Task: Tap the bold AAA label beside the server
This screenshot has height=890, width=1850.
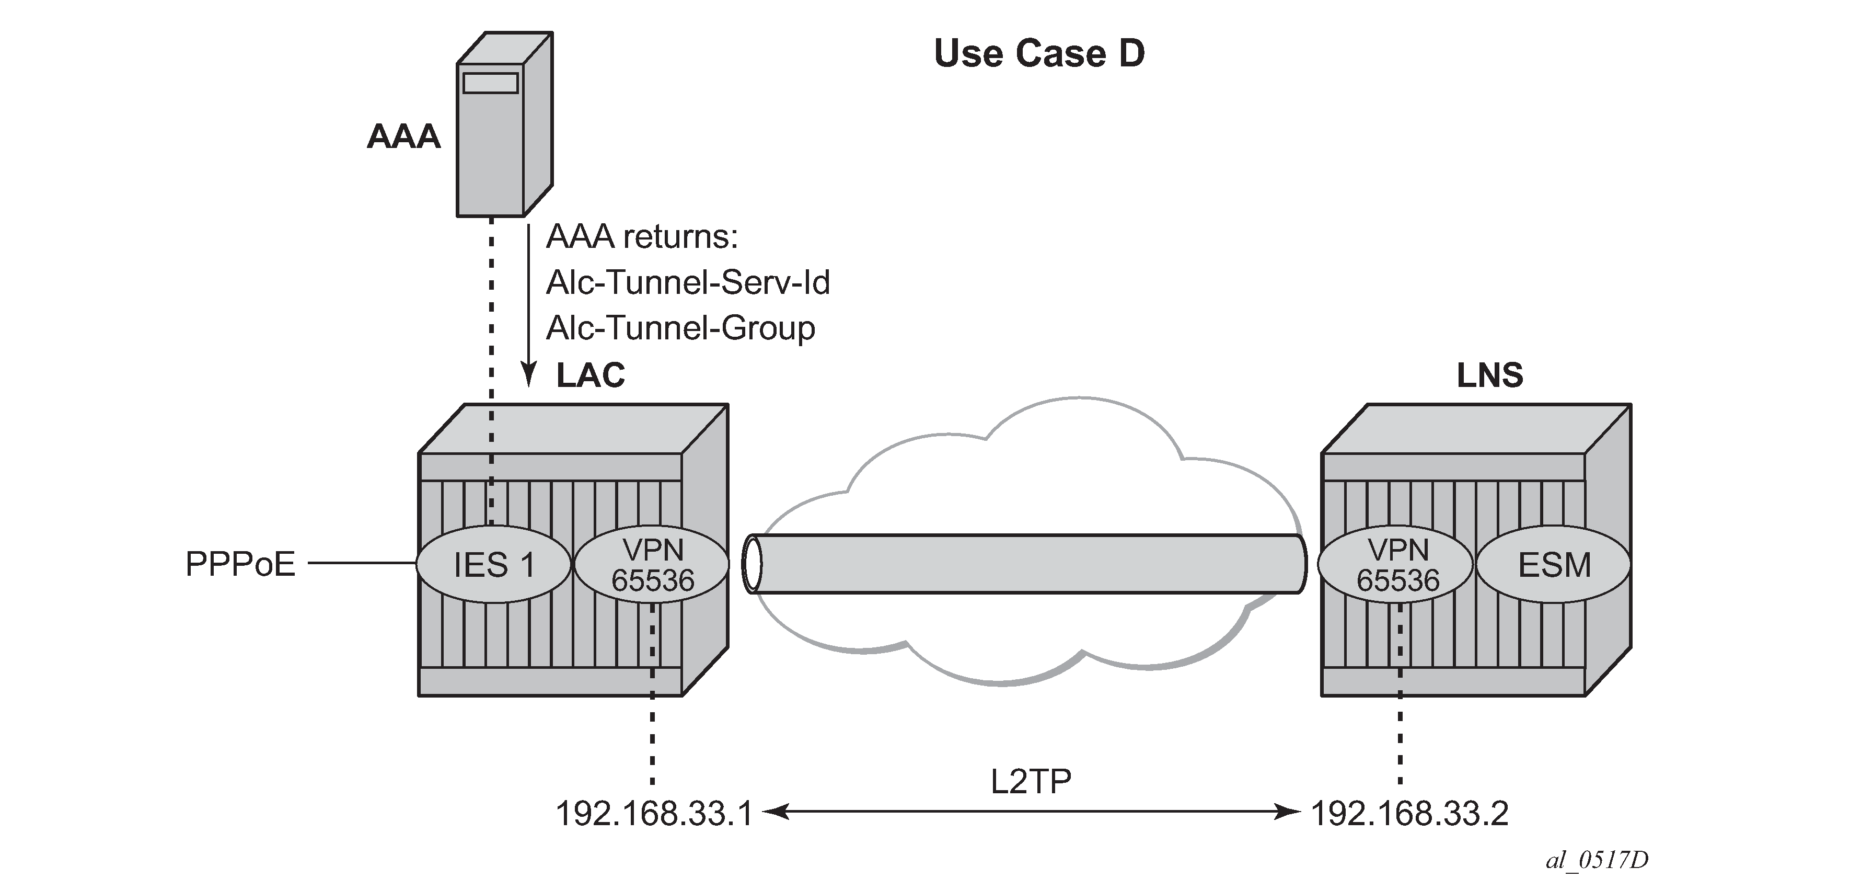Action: click(x=403, y=136)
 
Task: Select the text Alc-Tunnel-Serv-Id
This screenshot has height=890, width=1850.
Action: click(x=687, y=282)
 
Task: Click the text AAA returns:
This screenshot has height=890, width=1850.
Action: click(x=641, y=237)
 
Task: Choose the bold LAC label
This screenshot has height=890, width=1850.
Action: click(x=591, y=375)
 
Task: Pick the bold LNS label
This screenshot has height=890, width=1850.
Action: click(x=1489, y=375)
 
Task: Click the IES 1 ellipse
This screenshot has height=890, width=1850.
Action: click(x=494, y=565)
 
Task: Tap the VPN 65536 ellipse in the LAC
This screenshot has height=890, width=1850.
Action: click(x=652, y=565)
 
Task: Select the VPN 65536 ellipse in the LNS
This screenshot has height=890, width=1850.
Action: click(x=1397, y=565)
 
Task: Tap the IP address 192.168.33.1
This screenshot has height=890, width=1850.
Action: click(x=654, y=814)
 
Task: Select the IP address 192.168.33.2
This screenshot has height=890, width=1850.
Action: click(x=1409, y=814)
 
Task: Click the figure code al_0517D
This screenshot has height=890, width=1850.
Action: click(x=1597, y=860)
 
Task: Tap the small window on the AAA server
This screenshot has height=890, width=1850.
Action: click(x=491, y=83)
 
